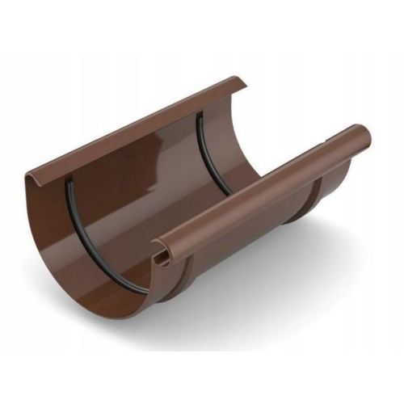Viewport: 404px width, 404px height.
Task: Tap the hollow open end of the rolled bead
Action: [165, 255]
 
